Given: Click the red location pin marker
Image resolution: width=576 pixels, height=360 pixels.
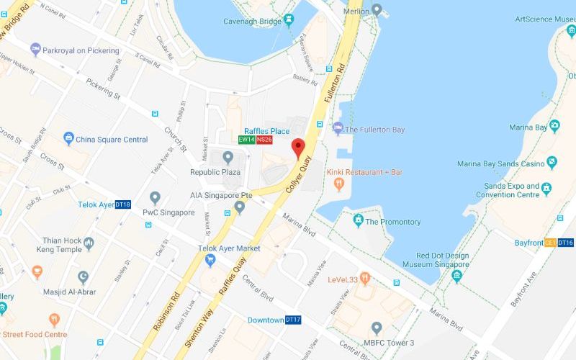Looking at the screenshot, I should click(297, 148).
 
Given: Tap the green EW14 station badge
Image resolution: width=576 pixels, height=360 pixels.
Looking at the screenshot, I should click(247, 140).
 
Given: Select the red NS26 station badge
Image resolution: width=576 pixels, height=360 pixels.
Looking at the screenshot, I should click(264, 140).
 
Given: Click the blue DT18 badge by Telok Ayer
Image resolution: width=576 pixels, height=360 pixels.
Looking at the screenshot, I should click(123, 204).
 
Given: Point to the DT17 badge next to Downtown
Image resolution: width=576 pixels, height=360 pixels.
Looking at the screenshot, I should click(293, 320).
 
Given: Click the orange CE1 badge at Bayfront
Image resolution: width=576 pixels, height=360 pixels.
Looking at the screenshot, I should click(550, 243).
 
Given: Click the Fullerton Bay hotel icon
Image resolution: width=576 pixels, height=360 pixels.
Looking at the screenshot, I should click(338, 129).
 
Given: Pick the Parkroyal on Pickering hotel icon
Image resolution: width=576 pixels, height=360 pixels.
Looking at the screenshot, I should click(35, 50).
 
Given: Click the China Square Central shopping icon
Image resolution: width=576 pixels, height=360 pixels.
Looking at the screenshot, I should click(68, 138).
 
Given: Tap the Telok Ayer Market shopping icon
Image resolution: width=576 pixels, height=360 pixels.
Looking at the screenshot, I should click(210, 261).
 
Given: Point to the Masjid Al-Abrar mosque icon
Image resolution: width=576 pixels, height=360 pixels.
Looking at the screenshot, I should click(84, 277).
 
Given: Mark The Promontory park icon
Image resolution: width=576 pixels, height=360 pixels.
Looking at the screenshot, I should click(357, 220).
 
